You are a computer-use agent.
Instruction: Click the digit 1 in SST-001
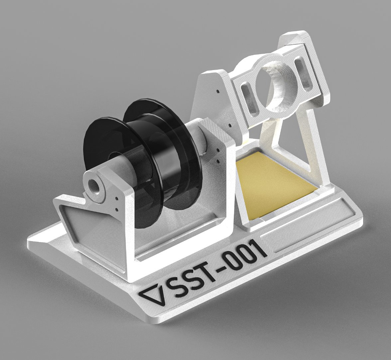(261, 248)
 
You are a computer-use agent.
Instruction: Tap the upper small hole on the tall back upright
(218, 90)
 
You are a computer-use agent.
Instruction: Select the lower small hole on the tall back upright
(229, 126)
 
